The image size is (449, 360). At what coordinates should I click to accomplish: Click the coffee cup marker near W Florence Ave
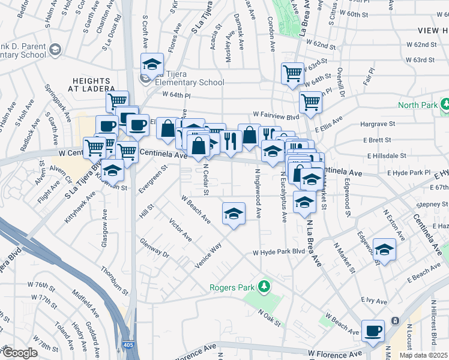tap(373, 331)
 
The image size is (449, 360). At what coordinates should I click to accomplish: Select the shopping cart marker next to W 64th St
tap(292, 73)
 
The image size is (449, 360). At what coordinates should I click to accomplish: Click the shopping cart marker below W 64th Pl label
tap(118, 100)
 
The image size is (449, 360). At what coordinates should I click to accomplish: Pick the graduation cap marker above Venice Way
tap(234, 213)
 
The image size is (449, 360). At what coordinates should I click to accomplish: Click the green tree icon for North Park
tap(445, 104)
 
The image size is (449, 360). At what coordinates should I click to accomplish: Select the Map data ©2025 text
tap(423, 355)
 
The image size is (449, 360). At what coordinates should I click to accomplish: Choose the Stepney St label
tap(431, 205)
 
